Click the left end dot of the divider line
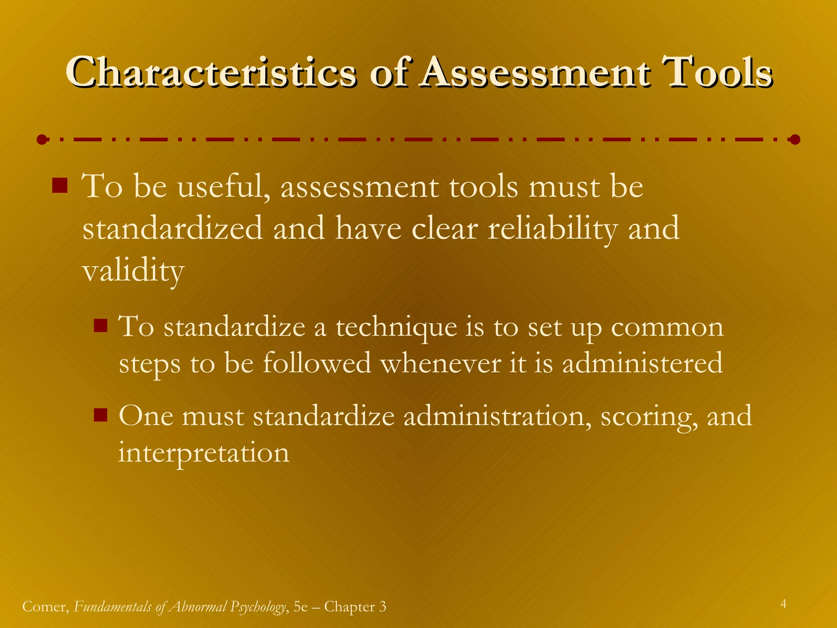coord(41,140)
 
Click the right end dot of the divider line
coord(794,140)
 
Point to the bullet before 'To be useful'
coord(60,185)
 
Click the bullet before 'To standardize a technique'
coord(100,325)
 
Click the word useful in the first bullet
coord(223,187)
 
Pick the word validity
coord(133,271)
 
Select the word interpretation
coord(204,453)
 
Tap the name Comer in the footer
coord(45,607)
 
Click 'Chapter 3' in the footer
coord(355,607)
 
